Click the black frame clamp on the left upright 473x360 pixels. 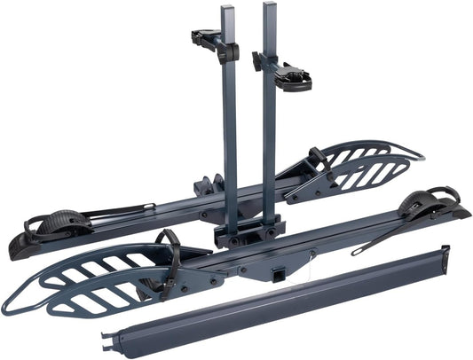tap(210, 41)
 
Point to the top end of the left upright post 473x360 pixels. tap(229, 7)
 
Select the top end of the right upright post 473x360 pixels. tap(270, 5)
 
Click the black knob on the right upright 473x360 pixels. tap(257, 61)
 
